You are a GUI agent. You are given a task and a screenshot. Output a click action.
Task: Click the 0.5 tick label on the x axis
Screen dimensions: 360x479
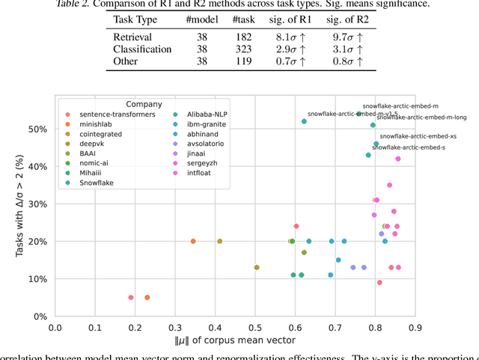pos(255,327)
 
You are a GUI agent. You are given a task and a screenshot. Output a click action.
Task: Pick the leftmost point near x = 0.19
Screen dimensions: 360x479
pos(131,297)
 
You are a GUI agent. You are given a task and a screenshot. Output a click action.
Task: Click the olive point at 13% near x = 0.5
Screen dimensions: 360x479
pos(257,267)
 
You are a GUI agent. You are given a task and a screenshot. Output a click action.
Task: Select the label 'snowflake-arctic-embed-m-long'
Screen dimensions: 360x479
pos(422,118)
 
